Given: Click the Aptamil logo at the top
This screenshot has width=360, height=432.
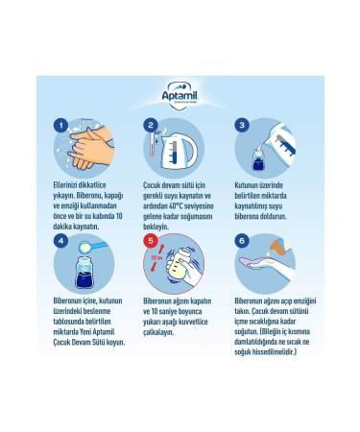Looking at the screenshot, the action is pos(180,95).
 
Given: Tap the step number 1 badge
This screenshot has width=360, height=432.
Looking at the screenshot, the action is pos(60,125).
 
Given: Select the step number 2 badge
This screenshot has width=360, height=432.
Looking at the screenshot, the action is pos(151,125).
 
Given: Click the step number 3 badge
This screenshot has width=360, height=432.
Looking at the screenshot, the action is pos(242,125).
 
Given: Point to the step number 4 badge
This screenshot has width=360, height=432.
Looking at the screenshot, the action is pos(60,241).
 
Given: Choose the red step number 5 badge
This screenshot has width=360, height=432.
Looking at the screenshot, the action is pos(151,241).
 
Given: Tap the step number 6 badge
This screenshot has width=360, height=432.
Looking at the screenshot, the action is pos(242,241).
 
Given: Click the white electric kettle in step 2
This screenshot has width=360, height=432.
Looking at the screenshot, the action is pos(178,151).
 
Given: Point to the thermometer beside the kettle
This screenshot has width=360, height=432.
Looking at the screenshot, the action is pos(152,145).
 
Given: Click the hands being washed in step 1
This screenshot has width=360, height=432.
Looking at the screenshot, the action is pos(90,147).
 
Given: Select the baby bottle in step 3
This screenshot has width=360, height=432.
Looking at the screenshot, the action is pos(258,159).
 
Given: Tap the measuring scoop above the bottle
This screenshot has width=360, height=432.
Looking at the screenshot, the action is pos(93,247).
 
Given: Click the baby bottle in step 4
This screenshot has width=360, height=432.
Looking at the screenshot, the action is pos(84,273).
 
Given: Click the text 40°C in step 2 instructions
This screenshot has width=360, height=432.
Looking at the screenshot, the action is pos(180,205).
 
